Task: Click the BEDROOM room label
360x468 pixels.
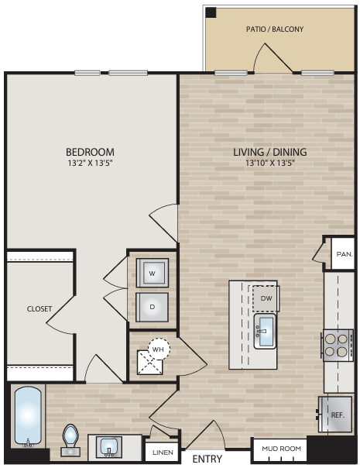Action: click(90, 151)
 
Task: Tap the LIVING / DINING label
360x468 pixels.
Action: click(270, 151)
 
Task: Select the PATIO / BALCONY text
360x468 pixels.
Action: click(275, 29)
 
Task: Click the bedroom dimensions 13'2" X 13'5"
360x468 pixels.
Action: click(90, 163)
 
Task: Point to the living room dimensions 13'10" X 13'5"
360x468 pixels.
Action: click(270, 163)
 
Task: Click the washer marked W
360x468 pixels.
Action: click(152, 273)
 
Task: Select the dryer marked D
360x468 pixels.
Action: click(152, 306)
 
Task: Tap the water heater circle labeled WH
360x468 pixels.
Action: click(159, 349)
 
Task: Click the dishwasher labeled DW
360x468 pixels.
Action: click(266, 298)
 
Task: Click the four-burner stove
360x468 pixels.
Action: click(338, 344)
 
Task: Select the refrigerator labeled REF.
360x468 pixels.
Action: click(336, 415)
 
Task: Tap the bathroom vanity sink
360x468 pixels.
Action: click(108, 446)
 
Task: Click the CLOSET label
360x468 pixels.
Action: click(39, 308)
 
